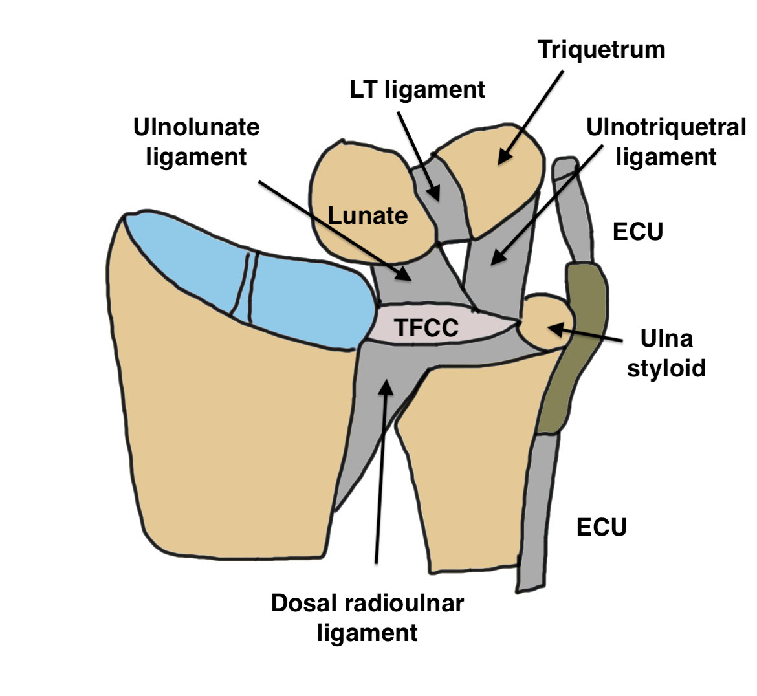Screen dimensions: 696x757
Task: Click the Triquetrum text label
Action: pyautogui.click(x=602, y=50)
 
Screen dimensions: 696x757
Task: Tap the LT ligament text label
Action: pyautogui.click(x=417, y=89)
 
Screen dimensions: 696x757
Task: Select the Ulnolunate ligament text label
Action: pyautogui.click(x=196, y=142)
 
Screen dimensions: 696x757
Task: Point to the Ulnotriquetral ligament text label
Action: pyautogui.click(x=666, y=142)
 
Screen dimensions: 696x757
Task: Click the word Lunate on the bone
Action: pyautogui.click(x=368, y=215)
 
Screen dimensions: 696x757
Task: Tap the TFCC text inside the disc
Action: pyautogui.click(x=426, y=328)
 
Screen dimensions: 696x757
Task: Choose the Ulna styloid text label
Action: pyautogui.click(x=666, y=353)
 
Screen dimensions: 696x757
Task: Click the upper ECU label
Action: pyautogui.click(x=638, y=232)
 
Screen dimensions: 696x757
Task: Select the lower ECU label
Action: pyautogui.click(x=602, y=527)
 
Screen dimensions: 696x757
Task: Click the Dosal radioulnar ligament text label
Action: pyautogui.click(x=367, y=617)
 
